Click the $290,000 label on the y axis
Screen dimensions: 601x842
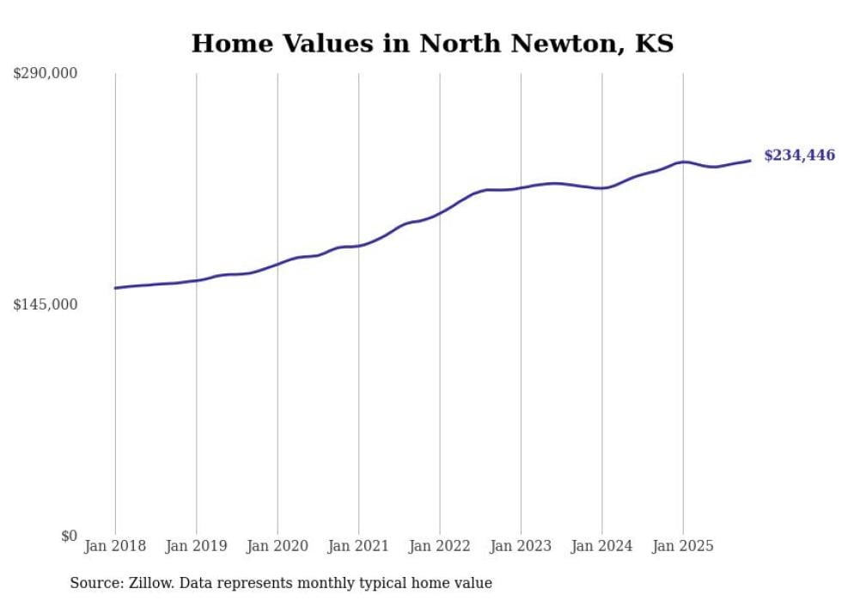tap(45, 74)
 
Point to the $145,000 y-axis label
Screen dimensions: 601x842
tap(45, 304)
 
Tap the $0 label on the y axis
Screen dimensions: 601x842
tap(69, 536)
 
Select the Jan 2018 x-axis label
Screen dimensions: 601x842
tap(115, 546)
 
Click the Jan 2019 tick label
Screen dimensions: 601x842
tap(196, 546)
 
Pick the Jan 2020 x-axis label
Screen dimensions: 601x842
tap(278, 546)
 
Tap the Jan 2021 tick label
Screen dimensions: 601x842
tap(358, 546)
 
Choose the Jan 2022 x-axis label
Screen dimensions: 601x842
tap(440, 546)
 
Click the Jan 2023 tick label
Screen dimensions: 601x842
tap(521, 546)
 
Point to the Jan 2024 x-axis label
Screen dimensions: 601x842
tap(601, 546)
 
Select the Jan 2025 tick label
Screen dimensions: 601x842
tap(683, 546)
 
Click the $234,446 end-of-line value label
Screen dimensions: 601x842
tap(799, 156)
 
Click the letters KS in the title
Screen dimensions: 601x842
tap(654, 44)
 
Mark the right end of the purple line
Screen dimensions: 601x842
tap(750, 161)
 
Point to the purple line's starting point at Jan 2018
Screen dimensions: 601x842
tap(116, 288)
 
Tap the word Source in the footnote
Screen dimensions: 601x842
tap(94, 583)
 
